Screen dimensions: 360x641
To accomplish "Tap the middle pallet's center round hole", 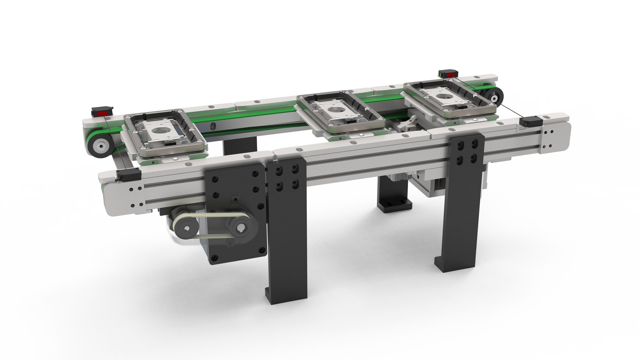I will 334,110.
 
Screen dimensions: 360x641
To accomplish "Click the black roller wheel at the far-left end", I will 100,145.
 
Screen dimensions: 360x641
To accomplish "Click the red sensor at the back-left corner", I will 102,112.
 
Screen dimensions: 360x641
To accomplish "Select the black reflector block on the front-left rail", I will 128,174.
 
